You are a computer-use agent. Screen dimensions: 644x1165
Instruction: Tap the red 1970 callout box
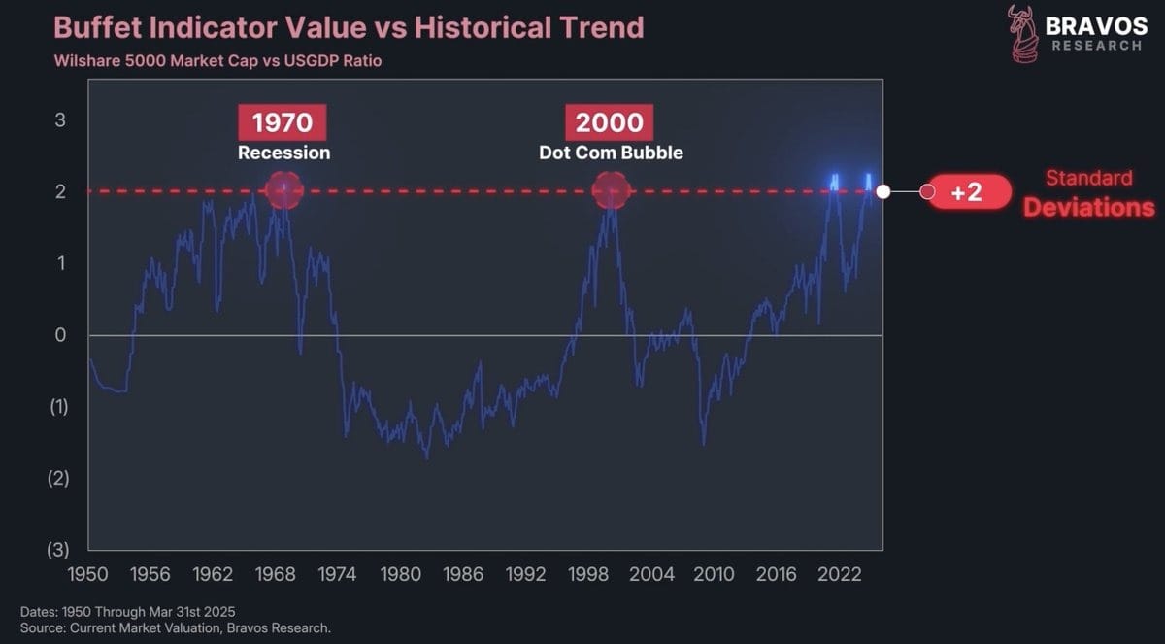(x=283, y=122)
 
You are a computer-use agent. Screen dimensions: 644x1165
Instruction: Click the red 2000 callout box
(x=610, y=122)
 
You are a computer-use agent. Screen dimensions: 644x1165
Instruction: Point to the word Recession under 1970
(x=283, y=153)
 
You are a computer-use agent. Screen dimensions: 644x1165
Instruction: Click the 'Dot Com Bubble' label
(x=611, y=153)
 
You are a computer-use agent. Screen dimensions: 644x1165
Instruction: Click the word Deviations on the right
(x=1089, y=207)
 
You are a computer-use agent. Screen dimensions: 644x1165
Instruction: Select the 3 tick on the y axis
(x=60, y=120)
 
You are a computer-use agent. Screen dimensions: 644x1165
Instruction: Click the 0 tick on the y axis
(x=60, y=335)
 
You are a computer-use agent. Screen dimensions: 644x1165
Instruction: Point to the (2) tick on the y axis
(x=59, y=478)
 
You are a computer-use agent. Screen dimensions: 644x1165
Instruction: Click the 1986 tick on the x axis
(x=463, y=574)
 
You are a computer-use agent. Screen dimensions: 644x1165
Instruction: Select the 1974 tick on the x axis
(x=338, y=574)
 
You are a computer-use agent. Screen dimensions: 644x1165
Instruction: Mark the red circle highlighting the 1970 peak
(x=283, y=190)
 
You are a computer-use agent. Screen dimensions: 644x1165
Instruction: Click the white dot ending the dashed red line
(x=882, y=191)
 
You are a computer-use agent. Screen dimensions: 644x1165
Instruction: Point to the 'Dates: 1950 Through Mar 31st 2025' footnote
(x=127, y=611)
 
